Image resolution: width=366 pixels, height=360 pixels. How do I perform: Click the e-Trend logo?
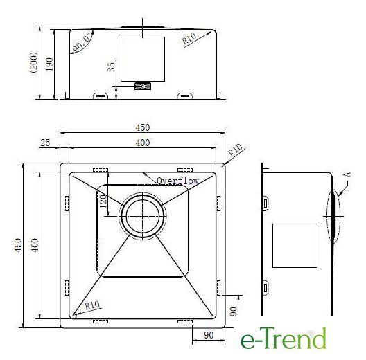(x=283, y=338)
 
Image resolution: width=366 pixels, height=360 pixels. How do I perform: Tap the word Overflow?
(x=177, y=181)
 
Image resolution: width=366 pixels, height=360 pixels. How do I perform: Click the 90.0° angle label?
(x=82, y=43)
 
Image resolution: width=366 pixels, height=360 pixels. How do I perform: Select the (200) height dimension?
(x=34, y=62)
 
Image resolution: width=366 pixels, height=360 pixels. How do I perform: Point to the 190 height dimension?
(x=49, y=64)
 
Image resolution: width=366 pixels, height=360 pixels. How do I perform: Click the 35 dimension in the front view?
(x=112, y=66)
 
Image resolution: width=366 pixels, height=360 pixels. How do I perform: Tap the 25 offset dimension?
(x=45, y=143)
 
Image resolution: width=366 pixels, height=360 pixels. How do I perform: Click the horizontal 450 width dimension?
(x=143, y=127)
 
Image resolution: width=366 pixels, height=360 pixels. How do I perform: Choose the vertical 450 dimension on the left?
(x=18, y=245)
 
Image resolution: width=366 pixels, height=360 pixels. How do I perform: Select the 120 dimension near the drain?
(x=103, y=201)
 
